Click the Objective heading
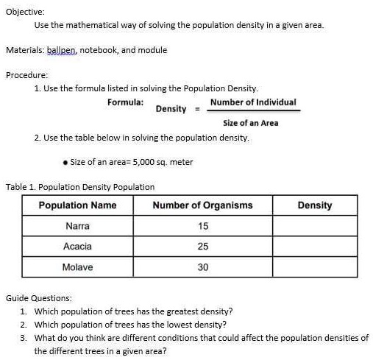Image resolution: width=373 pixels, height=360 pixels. (26, 12)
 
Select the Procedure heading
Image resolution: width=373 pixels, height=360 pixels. (27, 75)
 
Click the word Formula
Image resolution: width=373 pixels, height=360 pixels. (125, 102)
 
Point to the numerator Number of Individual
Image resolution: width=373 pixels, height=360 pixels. (253, 102)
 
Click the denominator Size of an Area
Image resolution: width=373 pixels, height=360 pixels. (250, 123)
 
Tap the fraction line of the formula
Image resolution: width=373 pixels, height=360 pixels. (253, 111)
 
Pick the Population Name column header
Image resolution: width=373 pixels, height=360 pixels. (77, 205)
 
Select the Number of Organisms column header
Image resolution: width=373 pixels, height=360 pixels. (202, 205)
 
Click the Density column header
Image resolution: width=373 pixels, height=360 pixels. (315, 205)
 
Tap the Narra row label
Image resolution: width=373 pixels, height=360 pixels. (77, 226)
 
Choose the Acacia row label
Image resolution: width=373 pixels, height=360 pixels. (77, 247)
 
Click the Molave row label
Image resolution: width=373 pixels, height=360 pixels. (77, 267)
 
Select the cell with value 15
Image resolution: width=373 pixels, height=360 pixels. (203, 226)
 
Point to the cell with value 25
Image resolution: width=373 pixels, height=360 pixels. (203, 247)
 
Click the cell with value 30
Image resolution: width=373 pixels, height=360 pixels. (203, 267)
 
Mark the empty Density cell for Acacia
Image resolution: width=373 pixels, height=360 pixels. (315, 247)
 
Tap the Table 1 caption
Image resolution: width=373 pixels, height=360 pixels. (80, 187)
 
